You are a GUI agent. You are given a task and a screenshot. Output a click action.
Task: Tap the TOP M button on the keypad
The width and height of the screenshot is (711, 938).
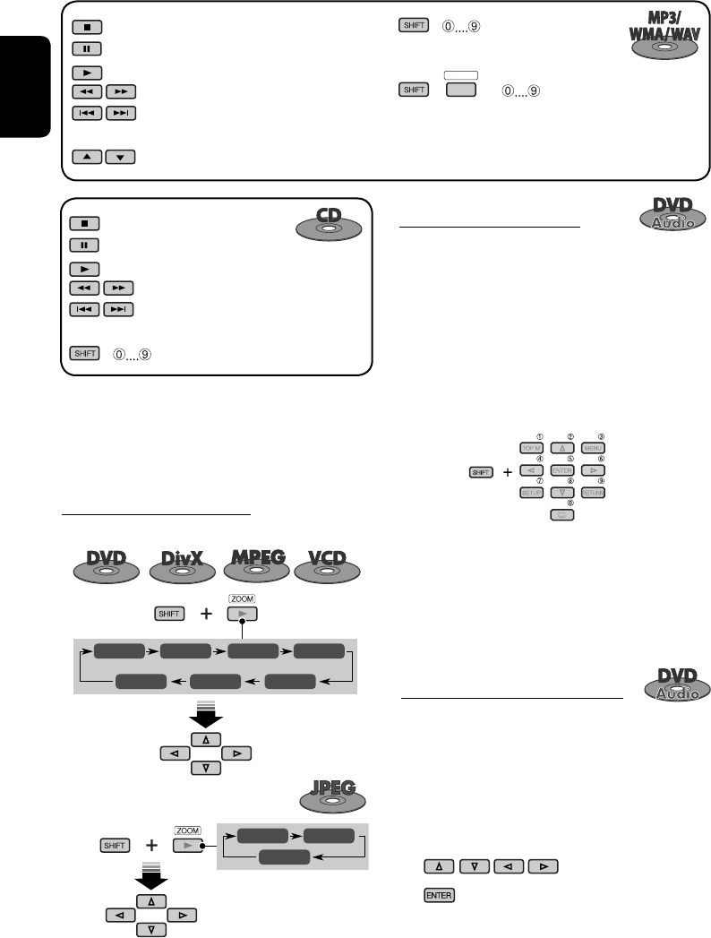point(531,447)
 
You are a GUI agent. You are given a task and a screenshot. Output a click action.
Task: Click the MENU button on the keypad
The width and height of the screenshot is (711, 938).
point(593,447)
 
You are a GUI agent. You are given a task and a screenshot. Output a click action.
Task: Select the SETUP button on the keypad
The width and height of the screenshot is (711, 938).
point(531,492)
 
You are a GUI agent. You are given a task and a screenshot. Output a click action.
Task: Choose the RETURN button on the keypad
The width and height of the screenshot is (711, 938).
point(593,492)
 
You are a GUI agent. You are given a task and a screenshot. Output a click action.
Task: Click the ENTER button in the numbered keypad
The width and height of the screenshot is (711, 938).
point(562,469)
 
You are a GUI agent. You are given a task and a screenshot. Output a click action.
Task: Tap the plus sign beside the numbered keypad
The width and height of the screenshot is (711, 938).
point(507,470)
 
